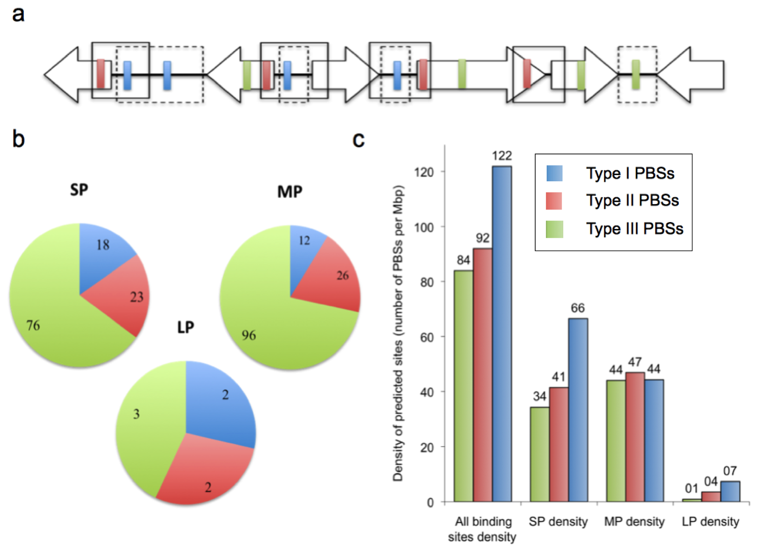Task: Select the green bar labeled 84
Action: [x=464, y=385]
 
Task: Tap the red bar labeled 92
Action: [x=483, y=374]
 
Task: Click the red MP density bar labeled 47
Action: [x=635, y=437]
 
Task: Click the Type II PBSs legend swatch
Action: [x=554, y=201]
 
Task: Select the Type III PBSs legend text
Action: [x=634, y=229]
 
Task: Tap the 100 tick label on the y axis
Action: [x=424, y=227]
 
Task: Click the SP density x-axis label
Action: [x=558, y=522]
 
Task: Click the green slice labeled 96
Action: [x=264, y=330]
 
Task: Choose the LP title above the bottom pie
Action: [x=186, y=327]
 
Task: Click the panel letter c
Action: [x=358, y=140]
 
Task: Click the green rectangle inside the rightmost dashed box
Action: [x=636, y=75]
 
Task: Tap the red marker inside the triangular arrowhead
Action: [x=527, y=74]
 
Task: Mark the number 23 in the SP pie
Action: [x=136, y=297]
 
